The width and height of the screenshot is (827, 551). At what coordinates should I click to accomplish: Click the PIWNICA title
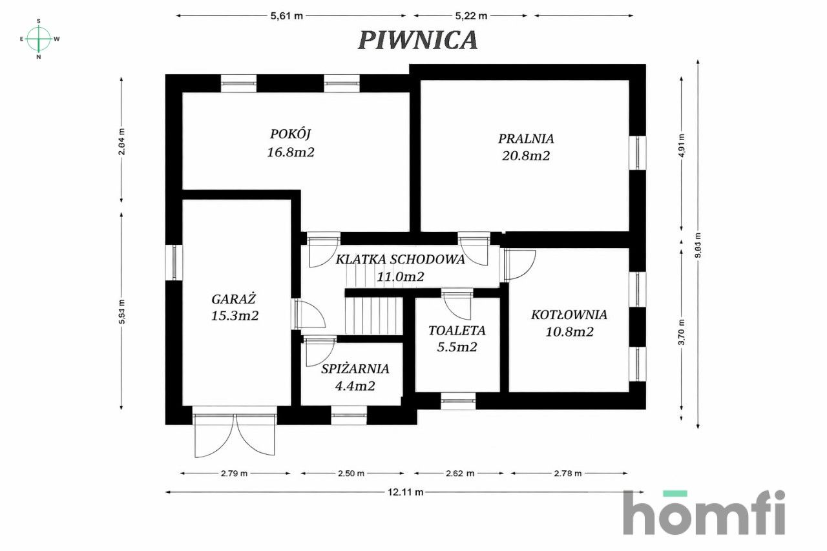click(x=418, y=40)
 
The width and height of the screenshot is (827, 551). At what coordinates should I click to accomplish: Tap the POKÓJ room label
click(x=291, y=134)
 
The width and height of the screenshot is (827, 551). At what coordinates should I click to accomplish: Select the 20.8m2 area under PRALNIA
click(x=526, y=156)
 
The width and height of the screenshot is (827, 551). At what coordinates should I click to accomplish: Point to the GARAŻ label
click(x=233, y=298)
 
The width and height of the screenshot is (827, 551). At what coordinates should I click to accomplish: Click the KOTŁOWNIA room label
click(x=569, y=315)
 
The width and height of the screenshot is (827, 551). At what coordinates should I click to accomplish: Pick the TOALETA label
click(x=457, y=331)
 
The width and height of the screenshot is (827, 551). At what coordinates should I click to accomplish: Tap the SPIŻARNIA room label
click(x=355, y=369)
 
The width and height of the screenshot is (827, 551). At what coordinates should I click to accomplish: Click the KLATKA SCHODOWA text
click(x=400, y=260)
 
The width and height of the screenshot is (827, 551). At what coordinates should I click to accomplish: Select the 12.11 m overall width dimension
click(x=405, y=492)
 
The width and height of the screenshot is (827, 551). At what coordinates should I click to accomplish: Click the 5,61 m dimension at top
click(x=286, y=16)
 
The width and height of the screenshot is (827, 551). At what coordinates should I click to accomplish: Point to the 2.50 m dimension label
click(x=351, y=473)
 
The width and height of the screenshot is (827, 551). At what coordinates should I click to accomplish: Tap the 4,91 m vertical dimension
click(x=682, y=145)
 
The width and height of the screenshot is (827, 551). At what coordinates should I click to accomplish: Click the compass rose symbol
click(x=39, y=39)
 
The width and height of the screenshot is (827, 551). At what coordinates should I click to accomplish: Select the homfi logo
click(x=704, y=512)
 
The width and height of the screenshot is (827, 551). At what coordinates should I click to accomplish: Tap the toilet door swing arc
click(x=457, y=306)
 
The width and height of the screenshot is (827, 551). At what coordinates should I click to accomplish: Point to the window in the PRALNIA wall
click(x=638, y=153)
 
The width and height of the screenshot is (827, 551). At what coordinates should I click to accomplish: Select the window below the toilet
click(x=458, y=401)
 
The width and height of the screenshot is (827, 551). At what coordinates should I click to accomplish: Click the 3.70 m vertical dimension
click(x=682, y=332)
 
